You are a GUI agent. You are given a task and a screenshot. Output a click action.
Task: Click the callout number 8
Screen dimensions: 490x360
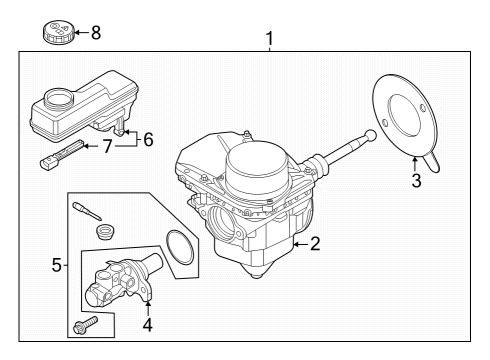point(96,33)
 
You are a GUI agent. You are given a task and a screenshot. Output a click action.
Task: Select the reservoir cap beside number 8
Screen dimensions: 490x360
point(57,32)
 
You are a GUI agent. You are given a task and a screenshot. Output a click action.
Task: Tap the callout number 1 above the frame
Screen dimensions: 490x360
point(269,39)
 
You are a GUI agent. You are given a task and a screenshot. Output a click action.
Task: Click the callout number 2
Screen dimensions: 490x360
point(315,244)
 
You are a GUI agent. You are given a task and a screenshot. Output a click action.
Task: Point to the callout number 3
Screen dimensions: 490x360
point(416,180)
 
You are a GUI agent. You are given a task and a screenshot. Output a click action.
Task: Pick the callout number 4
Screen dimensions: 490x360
point(148,325)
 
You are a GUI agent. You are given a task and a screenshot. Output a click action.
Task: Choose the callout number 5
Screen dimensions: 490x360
point(57,265)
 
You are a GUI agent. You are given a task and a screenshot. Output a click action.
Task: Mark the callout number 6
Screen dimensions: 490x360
point(148,139)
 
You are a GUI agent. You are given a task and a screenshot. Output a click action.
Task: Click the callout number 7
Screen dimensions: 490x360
point(107,146)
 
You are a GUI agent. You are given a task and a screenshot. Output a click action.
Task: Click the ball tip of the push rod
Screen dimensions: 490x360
point(371,135)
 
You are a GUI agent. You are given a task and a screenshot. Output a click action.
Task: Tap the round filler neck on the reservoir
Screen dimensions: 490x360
point(58,98)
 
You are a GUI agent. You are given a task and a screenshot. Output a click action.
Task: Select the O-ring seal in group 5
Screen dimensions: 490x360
point(179,247)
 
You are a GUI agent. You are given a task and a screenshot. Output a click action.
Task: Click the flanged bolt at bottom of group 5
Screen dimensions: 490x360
point(86,324)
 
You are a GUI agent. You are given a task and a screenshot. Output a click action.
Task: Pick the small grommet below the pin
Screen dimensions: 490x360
point(105,231)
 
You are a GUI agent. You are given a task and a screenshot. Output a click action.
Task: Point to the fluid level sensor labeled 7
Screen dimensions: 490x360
point(62,156)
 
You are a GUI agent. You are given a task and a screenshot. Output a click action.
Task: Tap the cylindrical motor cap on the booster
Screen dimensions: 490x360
point(257,169)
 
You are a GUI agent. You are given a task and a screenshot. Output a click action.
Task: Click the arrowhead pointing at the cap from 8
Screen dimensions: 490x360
point(76,33)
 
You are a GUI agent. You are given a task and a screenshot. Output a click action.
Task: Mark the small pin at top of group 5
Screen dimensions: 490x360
point(87,211)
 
